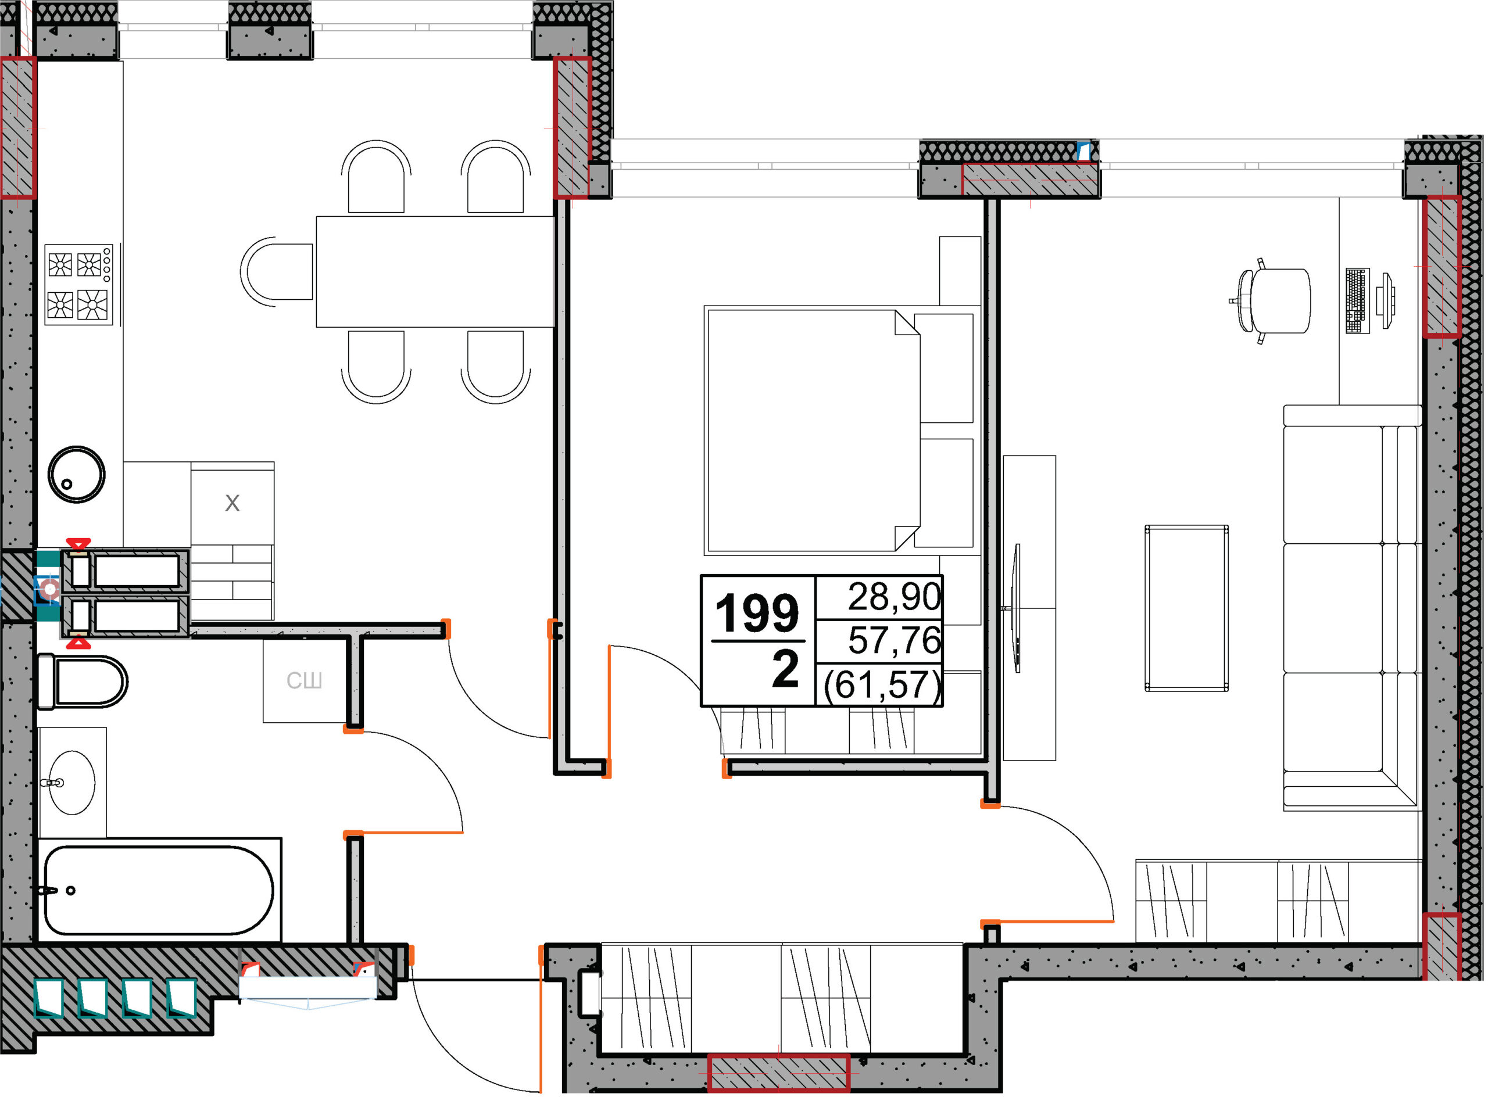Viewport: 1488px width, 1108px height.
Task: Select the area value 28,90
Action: coord(895,596)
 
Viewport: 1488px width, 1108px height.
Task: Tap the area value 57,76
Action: coord(895,640)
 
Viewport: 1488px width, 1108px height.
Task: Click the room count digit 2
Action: coord(786,669)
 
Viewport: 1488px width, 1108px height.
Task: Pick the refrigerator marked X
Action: coord(232,503)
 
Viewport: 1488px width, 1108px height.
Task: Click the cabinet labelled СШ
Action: coord(305,681)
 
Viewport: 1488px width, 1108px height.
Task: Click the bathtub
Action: coord(159,890)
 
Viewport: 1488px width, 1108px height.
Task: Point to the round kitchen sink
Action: coord(77,474)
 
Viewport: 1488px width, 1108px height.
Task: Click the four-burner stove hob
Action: coord(78,285)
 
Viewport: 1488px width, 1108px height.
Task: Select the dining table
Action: coord(435,272)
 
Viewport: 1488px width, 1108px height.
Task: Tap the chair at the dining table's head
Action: coord(277,272)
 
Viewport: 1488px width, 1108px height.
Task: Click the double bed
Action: coord(839,431)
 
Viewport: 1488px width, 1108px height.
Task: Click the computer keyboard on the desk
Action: coord(1357,301)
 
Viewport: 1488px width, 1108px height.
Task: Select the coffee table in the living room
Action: coord(1187,608)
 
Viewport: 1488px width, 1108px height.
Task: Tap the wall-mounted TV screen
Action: coord(1017,608)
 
